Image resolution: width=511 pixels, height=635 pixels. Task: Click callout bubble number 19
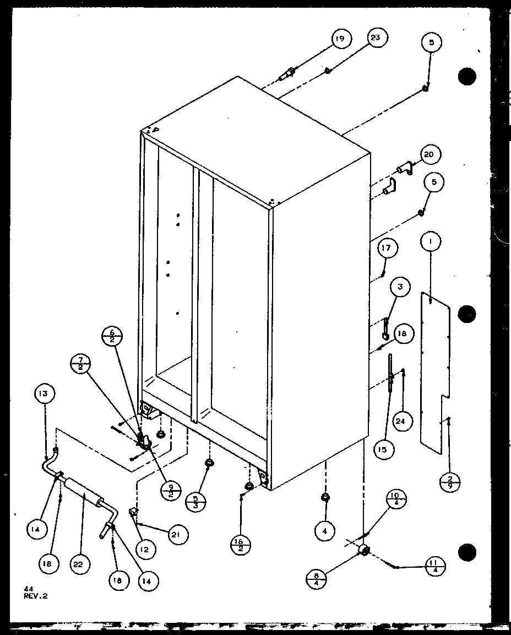tap(341, 39)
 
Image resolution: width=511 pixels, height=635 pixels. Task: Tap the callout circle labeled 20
tap(430, 155)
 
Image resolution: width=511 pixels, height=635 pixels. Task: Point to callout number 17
tap(387, 249)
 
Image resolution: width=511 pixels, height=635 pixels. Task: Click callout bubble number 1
tap(430, 240)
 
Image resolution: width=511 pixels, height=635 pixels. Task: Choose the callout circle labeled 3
tap(400, 287)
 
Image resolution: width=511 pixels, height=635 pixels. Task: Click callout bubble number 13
tap(44, 394)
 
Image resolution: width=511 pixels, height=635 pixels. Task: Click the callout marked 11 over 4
tap(436, 566)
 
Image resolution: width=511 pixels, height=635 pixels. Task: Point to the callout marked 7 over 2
tap(81, 365)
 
